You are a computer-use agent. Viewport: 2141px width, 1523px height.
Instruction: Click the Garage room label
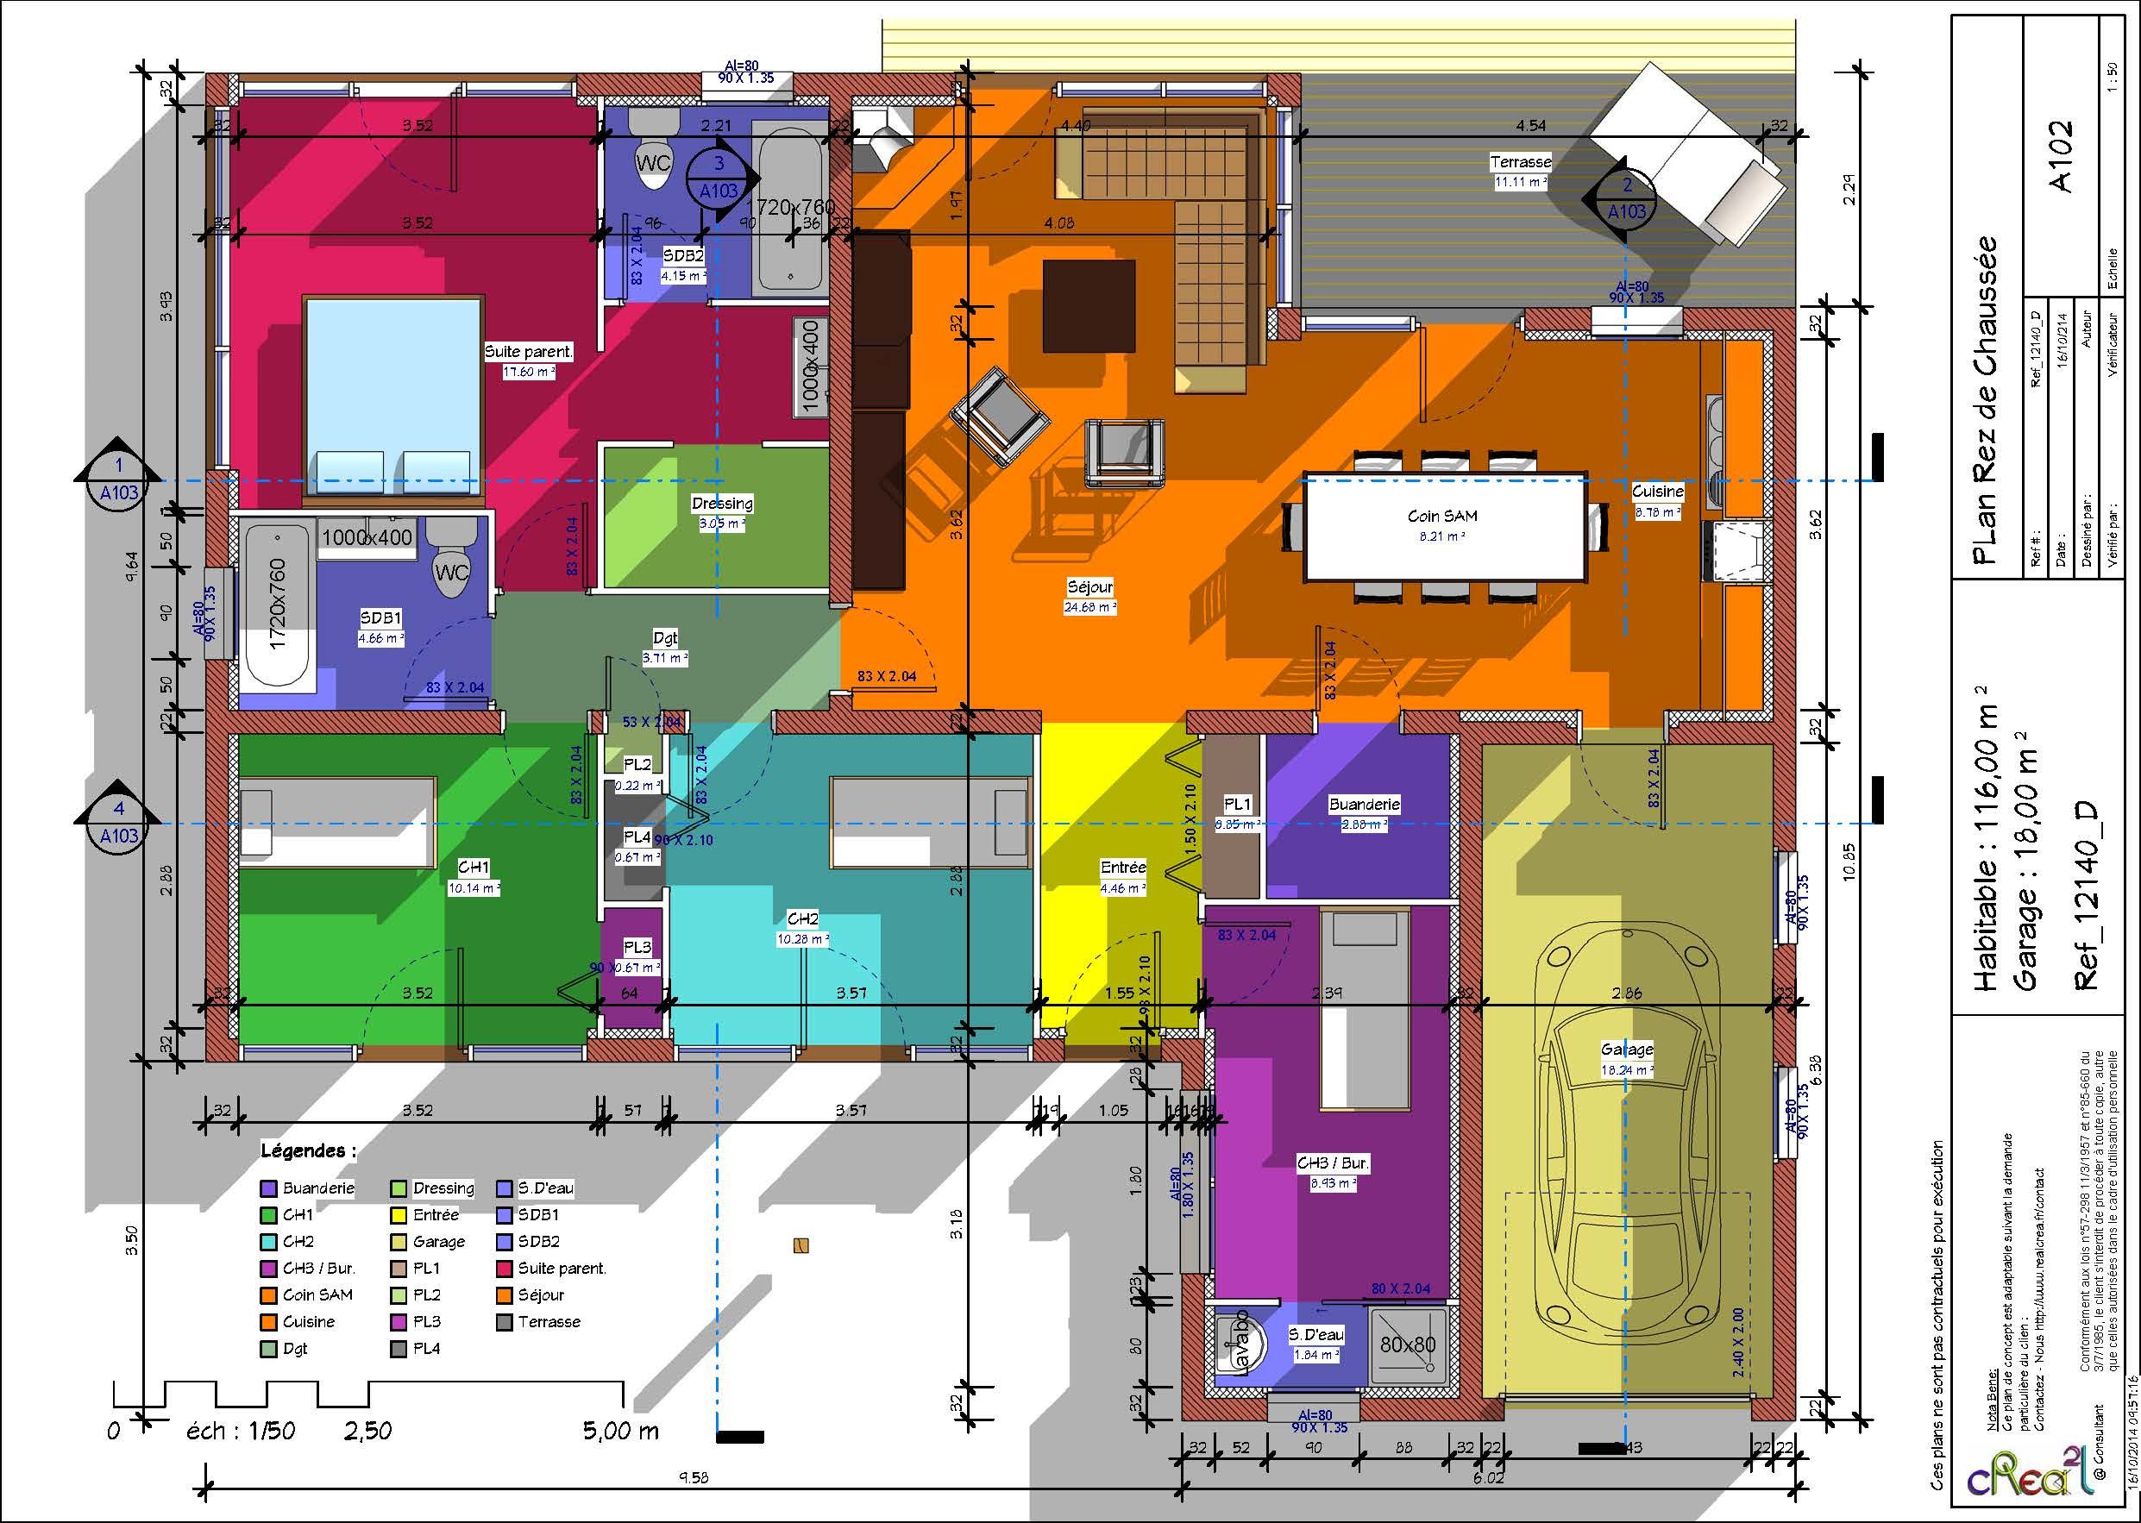[1627, 1050]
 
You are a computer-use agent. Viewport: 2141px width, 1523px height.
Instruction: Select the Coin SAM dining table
[1442, 528]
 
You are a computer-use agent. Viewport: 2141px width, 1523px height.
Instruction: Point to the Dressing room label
[722, 504]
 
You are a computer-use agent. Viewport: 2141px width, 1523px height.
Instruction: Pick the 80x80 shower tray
[1408, 1344]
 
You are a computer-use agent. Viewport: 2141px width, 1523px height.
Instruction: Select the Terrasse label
[1520, 162]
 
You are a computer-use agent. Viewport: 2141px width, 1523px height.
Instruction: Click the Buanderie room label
[1364, 805]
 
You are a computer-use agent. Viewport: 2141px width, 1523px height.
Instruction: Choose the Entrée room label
[1122, 868]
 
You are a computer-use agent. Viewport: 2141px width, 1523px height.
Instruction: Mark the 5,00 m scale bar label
[620, 1431]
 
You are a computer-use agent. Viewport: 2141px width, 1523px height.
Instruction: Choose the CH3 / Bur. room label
[1333, 1163]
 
